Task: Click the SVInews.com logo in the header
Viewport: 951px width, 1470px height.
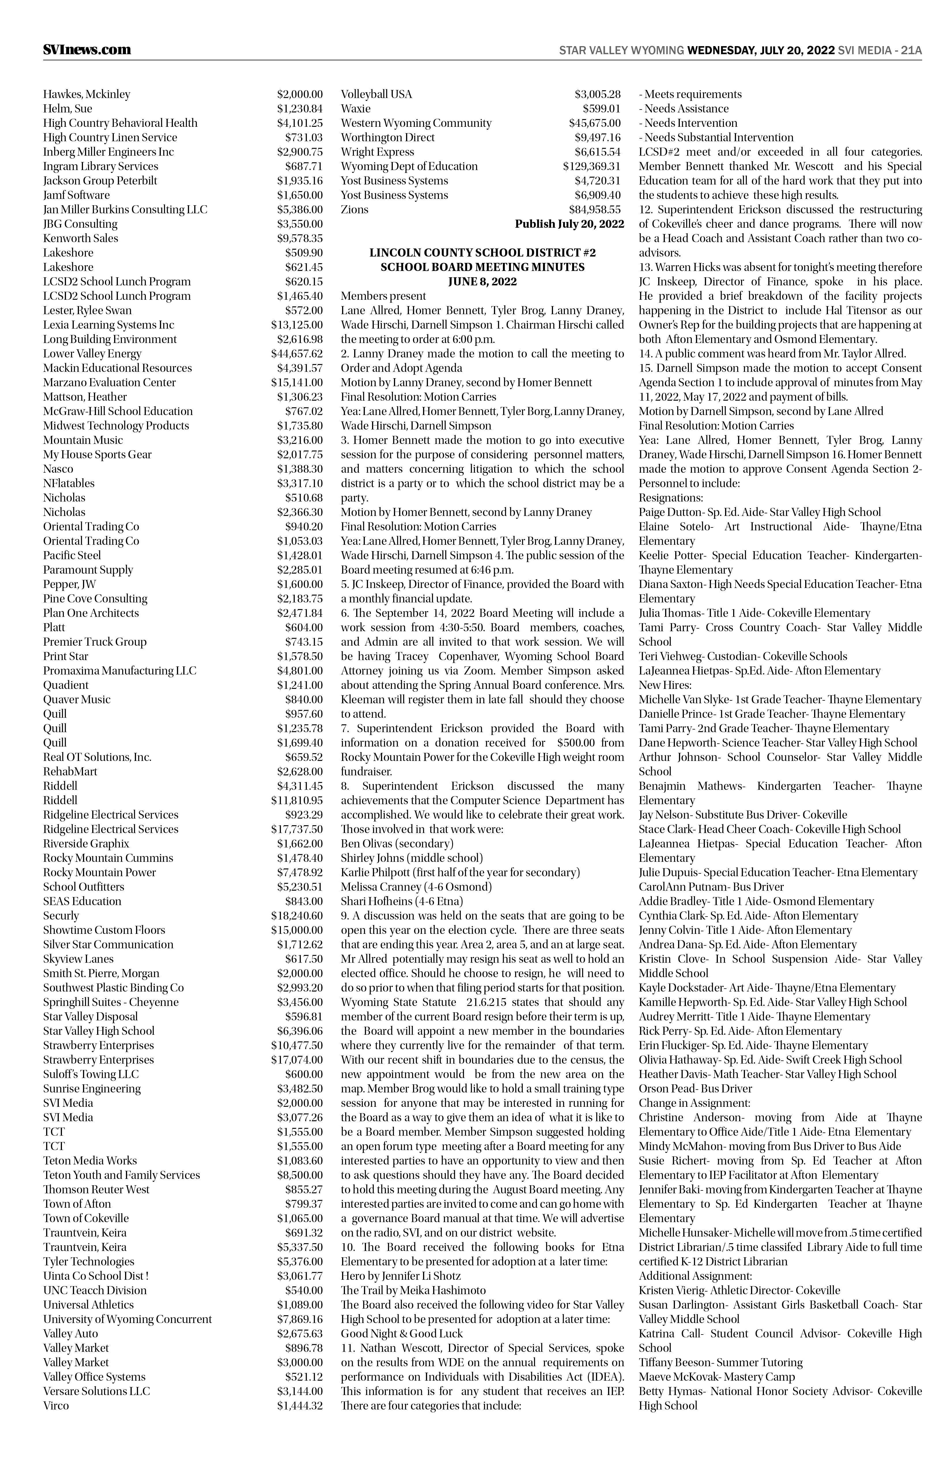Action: (x=87, y=49)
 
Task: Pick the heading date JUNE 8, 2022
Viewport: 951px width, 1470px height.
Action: (x=482, y=282)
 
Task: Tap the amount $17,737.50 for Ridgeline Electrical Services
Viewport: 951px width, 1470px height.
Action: (x=297, y=830)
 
